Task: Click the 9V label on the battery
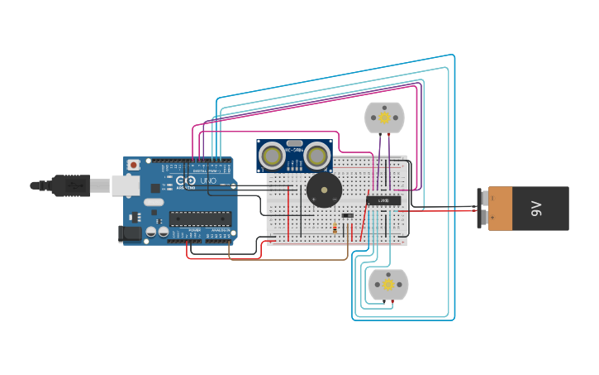coord(536,209)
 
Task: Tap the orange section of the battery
coord(501,209)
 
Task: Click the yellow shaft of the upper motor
coord(385,118)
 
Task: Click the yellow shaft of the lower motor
coord(388,285)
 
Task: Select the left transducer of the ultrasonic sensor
coord(272,156)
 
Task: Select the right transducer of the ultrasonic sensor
coord(317,156)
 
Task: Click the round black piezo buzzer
coord(323,190)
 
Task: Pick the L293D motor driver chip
coord(383,200)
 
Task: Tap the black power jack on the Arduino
coord(129,234)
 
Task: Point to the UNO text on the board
coord(207,180)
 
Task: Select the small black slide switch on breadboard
coord(348,216)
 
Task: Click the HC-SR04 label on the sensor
coord(294,149)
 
